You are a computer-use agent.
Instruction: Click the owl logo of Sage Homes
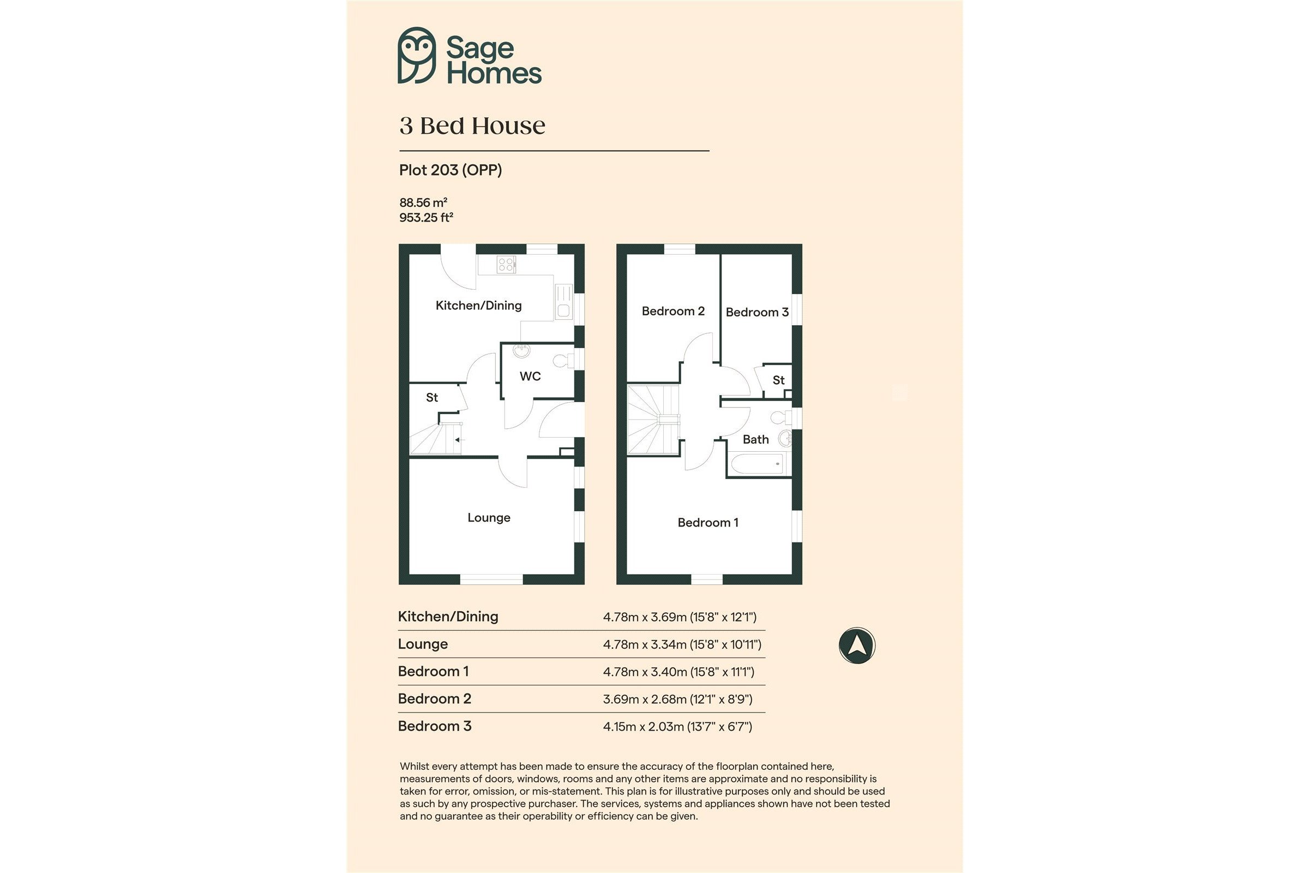tap(416, 55)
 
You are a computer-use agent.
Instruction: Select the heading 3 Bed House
tap(472, 126)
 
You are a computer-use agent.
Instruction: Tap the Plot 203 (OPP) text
tap(451, 170)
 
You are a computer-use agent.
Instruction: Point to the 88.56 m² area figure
tap(423, 202)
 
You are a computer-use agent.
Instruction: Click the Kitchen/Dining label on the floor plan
tap(479, 305)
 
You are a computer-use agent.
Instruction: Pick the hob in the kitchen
tap(506, 264)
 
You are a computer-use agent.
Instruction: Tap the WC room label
tap(530, 376)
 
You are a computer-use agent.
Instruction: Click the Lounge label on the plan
tap(489, 518)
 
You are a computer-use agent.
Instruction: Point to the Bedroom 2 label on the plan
tap(673, 311)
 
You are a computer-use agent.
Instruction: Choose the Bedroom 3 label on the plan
tap(757, 312)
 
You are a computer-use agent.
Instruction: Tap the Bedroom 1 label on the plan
tap(707, 523)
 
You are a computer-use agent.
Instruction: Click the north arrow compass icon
tap(857, 645)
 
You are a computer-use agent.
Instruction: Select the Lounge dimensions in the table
tap(682, 644)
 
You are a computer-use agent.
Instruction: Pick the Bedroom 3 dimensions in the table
tap(677, 727)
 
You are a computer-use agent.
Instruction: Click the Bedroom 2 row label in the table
tap(435, 699)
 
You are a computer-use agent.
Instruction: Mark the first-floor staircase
tap(653, 420)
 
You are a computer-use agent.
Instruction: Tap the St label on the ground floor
tap(432, 398)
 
